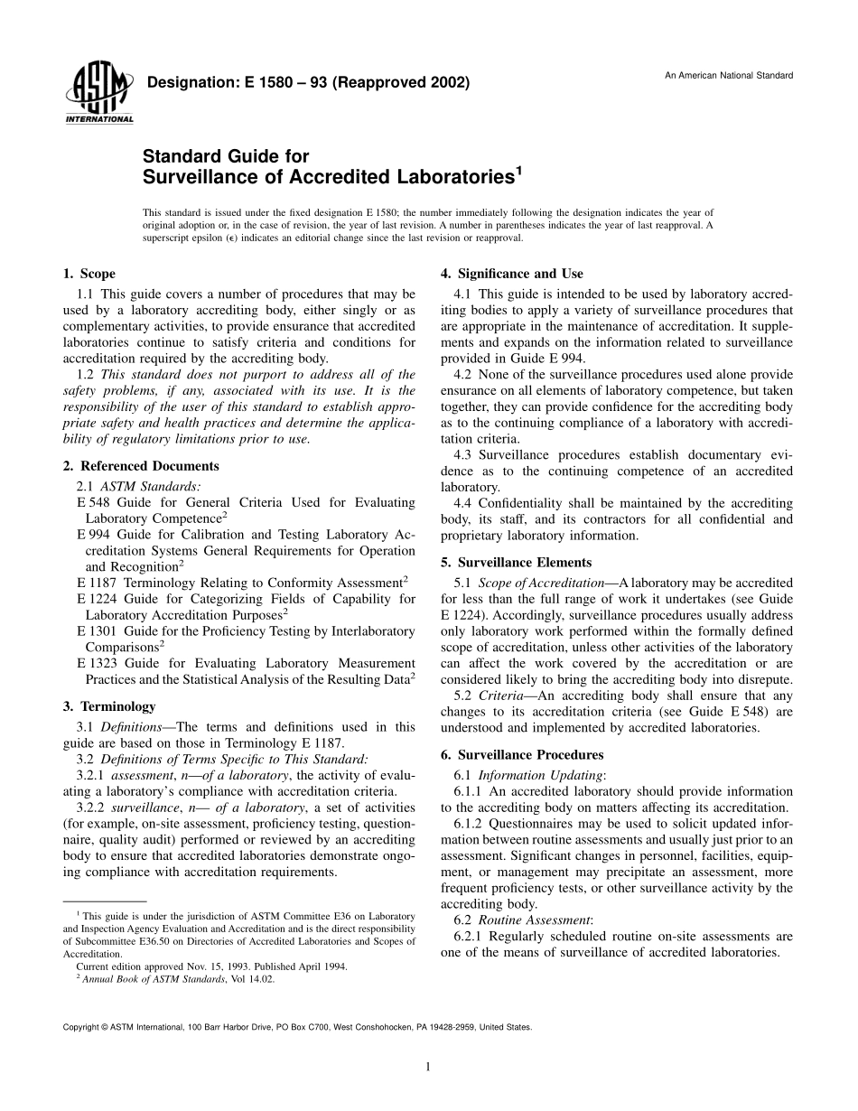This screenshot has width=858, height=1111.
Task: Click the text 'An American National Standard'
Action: click(x=729, y=75)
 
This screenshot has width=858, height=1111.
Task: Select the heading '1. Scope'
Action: click(x=89, y=274)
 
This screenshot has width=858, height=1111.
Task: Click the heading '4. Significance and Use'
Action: click(x=512, y=274)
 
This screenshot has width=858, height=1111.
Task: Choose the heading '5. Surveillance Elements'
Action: click(x=516, y=563)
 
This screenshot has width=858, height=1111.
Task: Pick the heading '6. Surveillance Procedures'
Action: click(x=522, y=754)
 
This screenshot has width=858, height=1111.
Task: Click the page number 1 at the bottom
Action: click(x=428, y=1067)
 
